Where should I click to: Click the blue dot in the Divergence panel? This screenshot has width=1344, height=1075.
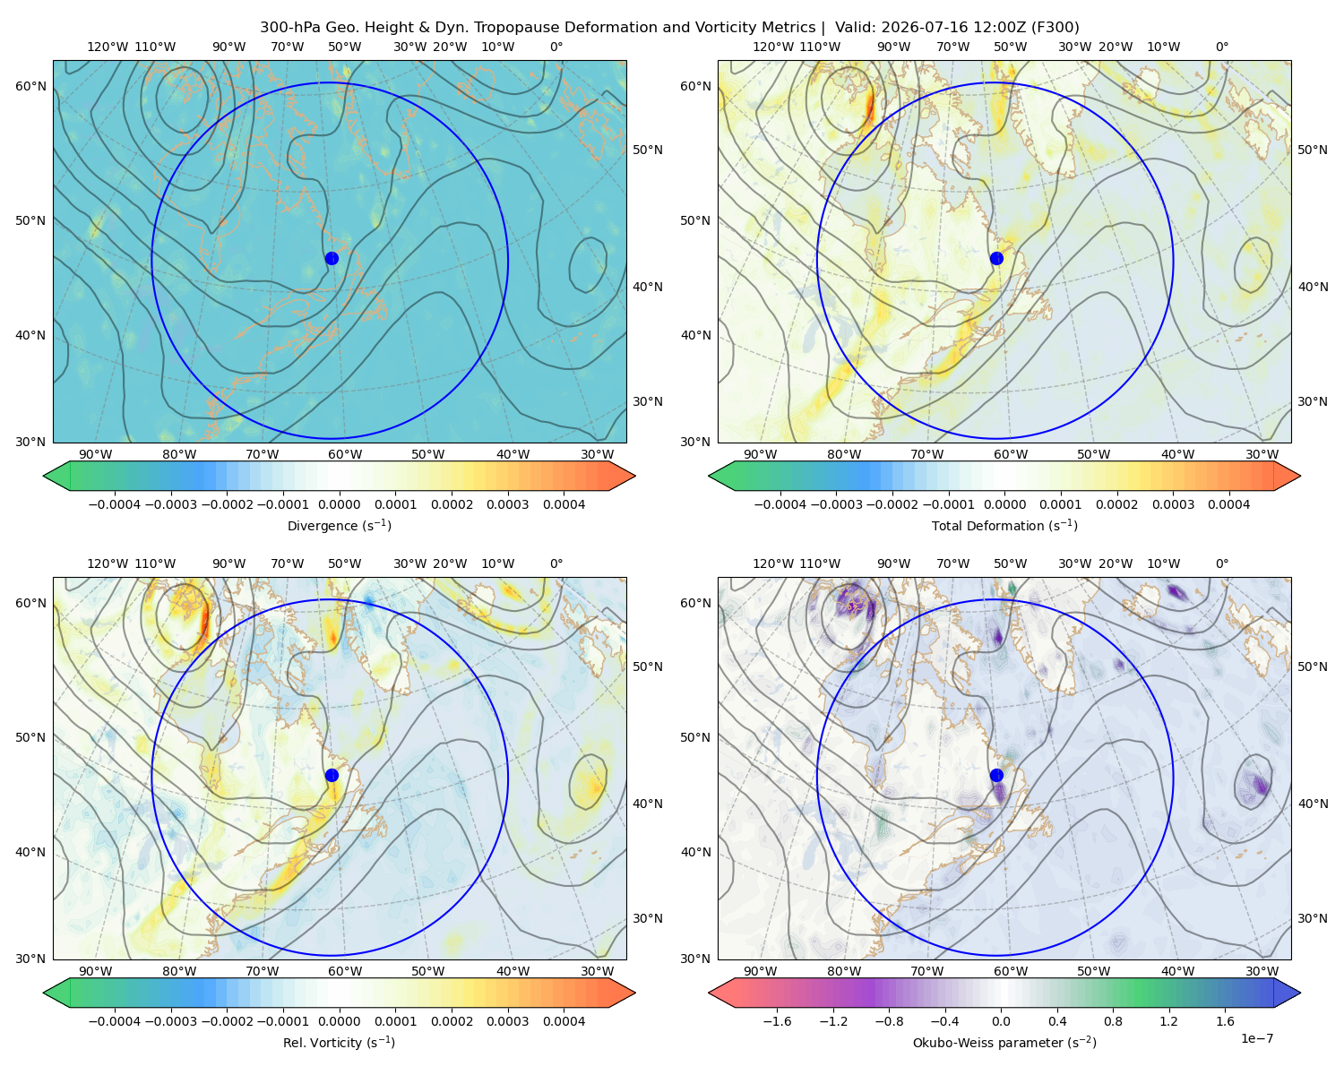332,258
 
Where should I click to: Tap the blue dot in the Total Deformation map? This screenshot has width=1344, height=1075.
996,258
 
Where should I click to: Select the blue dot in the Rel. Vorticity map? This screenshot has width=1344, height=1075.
332,775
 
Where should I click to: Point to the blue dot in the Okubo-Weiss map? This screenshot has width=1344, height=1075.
996,775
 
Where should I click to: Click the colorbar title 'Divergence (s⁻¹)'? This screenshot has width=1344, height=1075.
339,525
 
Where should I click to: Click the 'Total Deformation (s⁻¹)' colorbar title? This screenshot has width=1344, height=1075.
1004,525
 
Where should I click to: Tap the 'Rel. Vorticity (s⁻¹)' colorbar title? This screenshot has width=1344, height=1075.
339,1042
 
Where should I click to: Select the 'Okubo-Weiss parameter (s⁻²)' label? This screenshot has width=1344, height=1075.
1004,1042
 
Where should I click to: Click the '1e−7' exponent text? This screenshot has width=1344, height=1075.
1256,1038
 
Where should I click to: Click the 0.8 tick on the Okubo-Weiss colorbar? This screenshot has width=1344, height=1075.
1113,1021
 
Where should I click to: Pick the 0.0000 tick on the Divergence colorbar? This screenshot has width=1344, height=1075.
339,504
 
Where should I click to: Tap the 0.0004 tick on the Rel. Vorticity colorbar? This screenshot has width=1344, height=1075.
564,1021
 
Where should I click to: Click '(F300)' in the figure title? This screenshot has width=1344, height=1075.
1055,28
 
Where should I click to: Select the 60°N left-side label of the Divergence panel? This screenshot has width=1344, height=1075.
30,86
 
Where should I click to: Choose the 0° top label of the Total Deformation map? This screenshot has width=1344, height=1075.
1222,47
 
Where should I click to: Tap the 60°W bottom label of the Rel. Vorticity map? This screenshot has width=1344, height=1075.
345,971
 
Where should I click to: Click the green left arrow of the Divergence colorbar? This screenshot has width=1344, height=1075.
56,476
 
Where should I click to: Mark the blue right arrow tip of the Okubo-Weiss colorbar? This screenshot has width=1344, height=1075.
1300,993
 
